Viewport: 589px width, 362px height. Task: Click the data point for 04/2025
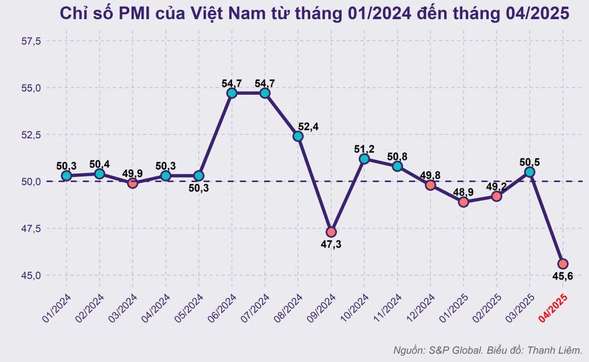click(562, 263)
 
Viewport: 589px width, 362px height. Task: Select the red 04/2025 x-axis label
click(553, 309)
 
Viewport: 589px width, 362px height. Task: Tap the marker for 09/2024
click(331, 232)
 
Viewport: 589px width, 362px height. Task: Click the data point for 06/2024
click(232, 93)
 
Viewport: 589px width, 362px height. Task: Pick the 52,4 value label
click(308, 127)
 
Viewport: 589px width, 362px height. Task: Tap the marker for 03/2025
click(530, 172)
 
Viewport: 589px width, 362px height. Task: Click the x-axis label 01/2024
click(57, 309)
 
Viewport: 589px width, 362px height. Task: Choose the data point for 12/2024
click(430, 185)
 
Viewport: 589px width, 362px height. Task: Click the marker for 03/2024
click(133, 183)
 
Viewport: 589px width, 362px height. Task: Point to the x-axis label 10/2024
click(354, 309)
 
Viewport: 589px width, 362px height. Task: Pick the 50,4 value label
click(100, 164)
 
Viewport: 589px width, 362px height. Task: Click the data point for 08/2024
click(298, 136)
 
